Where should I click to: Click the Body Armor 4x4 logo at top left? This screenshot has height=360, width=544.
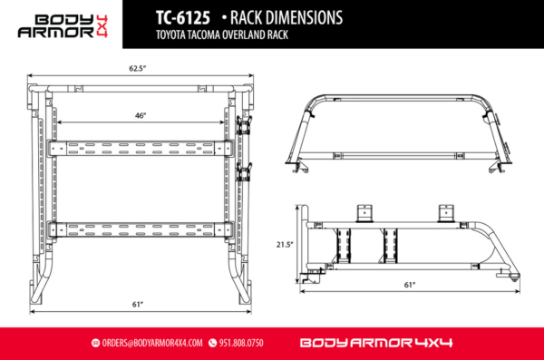(x=69, y=24)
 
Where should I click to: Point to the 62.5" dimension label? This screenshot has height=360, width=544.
(x=138, y=68)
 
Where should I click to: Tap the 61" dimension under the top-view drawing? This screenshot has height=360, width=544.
(x=138, y=304)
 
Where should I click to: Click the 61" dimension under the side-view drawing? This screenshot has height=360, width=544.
(x=410, y=285)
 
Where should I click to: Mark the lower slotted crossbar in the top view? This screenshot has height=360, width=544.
(x=139, y=228)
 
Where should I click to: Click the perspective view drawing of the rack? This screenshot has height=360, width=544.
(x=405, y=131)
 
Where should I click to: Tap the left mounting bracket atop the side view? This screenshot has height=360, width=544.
(x=366, y=211)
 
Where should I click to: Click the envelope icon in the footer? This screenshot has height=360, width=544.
(x=95, y=344)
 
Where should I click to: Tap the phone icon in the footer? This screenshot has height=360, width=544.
(x=213, y=344)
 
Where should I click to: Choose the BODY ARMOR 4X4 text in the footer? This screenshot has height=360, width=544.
(x=375, y=344)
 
